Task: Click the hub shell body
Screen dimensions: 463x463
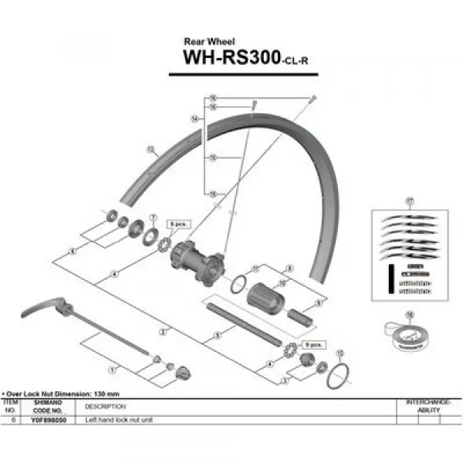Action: [x=197, y=260]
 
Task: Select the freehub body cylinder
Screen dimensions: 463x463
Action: [x=266, y=296]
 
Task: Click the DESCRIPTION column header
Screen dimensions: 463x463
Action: [x=100, y=407]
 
